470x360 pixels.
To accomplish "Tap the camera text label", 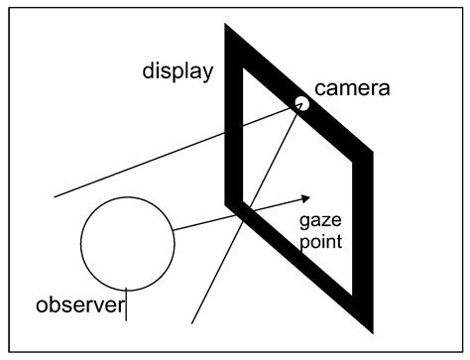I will (352, 88).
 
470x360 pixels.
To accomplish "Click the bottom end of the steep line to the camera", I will (191, 321).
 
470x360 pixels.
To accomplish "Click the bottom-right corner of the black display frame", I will (370, 326).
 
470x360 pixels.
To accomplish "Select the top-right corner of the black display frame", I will (370, 154).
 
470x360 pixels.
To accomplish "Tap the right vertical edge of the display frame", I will (361, 238).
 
